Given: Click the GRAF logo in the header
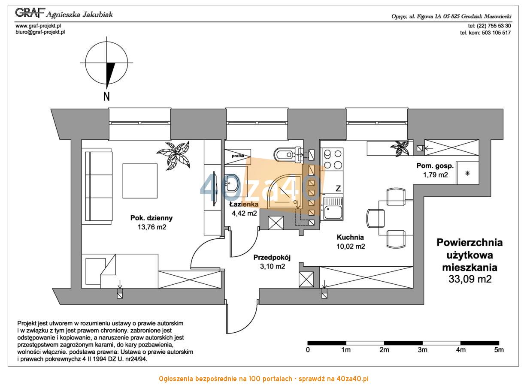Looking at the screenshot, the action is (30, 12).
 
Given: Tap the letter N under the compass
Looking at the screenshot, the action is (106, 96).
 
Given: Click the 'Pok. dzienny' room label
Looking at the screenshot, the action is (151, 218).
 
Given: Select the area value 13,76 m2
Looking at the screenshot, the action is (152, 227).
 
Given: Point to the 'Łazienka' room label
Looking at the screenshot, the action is (244, 204).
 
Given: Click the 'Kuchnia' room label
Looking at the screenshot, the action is (350, 237).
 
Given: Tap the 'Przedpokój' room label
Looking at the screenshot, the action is (272, 258).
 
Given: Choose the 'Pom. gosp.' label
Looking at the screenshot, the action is (435, 166).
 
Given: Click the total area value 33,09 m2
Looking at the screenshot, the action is (470, 279).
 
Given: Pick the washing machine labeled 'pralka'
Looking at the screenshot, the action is (238, 156).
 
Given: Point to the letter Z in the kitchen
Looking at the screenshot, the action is (338, 188).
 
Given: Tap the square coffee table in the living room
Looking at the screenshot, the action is (140, 181).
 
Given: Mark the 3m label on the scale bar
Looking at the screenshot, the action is (422, 350).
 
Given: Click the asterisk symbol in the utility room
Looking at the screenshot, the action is (467, 174).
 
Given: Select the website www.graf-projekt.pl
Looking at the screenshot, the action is (38, 26).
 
